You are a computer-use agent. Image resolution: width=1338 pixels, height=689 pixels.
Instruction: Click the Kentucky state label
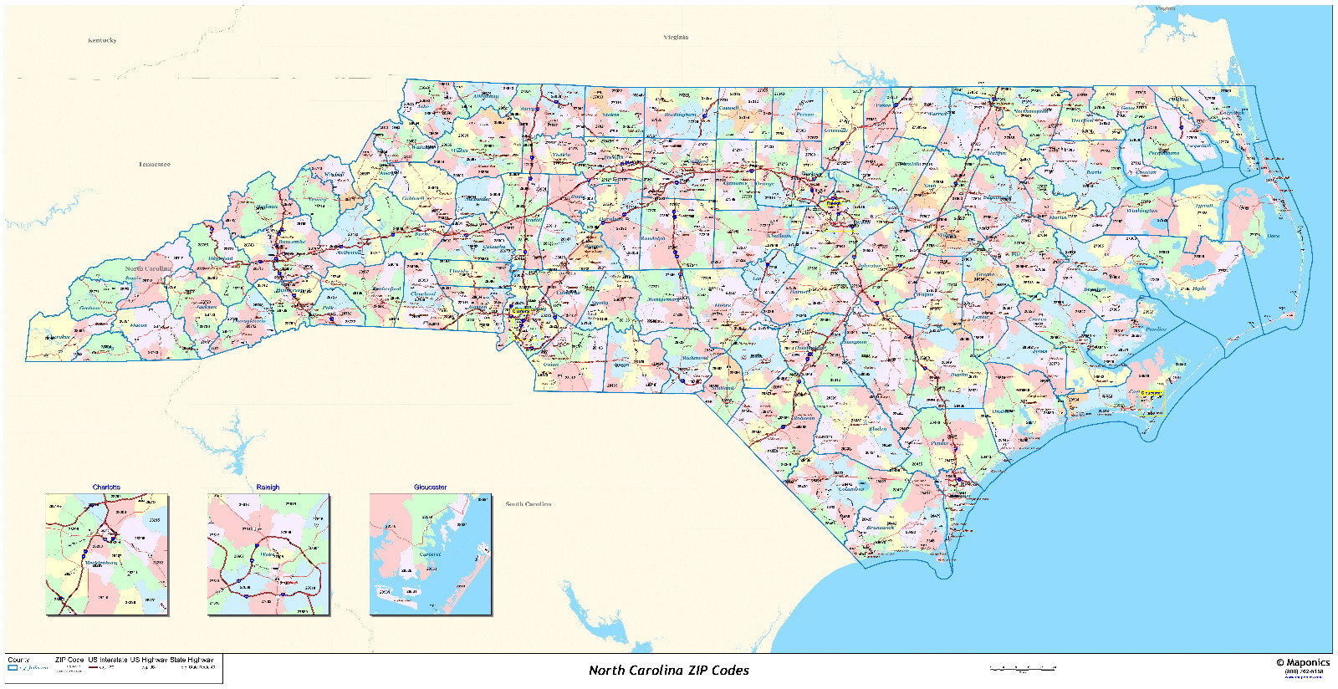(102, 40)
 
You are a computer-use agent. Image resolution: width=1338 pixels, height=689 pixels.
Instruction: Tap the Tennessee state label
(155, 165)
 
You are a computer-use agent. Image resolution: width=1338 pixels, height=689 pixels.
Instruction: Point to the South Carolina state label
(528, 504)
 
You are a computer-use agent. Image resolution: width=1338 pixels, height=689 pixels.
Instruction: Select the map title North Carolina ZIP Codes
(668, 671)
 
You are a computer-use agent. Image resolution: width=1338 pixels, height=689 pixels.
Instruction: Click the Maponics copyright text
(1302, 662)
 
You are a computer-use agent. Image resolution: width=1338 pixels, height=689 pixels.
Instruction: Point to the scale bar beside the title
(1022, 668)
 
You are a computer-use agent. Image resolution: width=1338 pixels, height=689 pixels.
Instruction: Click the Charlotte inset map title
(106, 487)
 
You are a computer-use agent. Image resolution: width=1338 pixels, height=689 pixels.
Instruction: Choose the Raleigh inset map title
(268, 487)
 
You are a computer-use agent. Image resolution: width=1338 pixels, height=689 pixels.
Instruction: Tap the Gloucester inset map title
(430, 487)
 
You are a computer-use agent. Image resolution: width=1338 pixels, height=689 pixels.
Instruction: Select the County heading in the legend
(18, 660)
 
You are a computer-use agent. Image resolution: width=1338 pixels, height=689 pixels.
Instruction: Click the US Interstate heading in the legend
(107, 660)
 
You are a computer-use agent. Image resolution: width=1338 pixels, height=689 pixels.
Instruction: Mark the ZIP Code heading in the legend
(69, 660)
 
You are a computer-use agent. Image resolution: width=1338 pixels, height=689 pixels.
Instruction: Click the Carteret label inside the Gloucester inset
(430, 554)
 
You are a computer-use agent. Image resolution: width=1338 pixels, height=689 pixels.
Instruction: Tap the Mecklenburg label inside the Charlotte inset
(101, 564)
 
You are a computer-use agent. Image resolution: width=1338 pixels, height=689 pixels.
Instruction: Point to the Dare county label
(1273, 236)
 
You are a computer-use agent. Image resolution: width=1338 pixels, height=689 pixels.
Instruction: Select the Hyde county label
(1199, 288)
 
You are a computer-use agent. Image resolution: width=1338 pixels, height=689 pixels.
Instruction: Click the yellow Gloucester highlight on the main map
(1151, 393)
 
